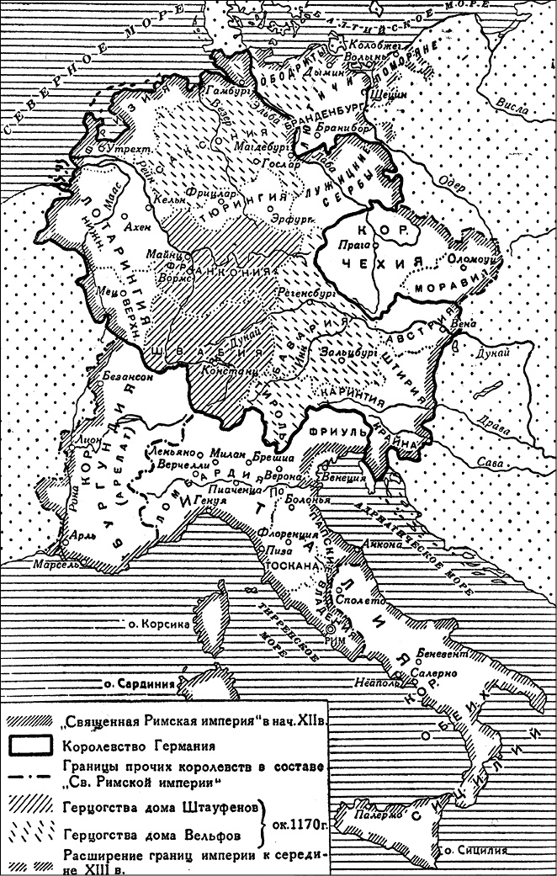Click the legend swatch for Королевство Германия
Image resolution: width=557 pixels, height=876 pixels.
(x=31, y=745)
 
